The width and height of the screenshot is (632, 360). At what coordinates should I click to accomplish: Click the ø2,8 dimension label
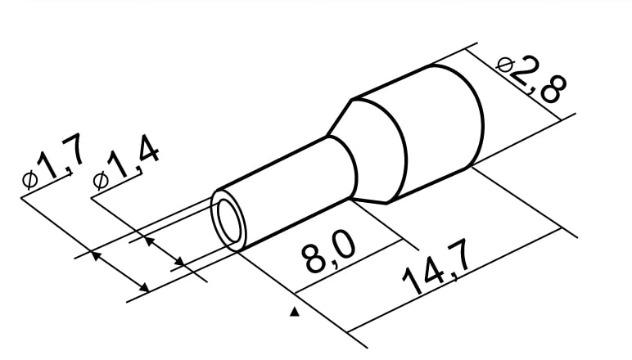click(531, 81)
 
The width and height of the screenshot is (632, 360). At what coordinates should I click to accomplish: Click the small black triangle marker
click(295, 312)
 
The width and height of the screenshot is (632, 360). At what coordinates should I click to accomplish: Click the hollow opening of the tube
click(229, 222)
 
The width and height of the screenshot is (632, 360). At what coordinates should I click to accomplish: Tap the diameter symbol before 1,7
click(29, 180)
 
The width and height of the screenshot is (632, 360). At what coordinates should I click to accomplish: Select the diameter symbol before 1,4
click(101, 180)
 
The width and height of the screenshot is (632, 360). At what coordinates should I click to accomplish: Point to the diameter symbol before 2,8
click(505, 65)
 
